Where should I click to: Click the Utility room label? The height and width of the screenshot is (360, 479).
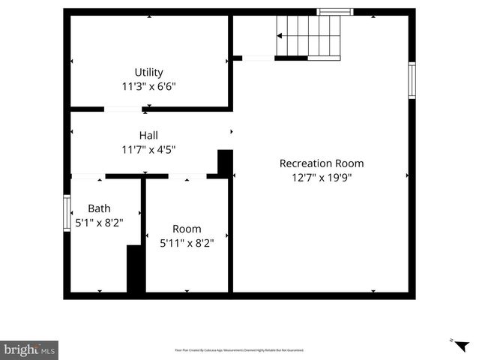(148, 73)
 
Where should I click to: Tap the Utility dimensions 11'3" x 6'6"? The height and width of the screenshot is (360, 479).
(148, 86)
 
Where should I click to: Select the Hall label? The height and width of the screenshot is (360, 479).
(148, 135)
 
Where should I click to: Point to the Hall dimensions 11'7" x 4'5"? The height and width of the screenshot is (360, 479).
(148, 148)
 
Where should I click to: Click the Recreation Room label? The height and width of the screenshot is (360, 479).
(322, 163)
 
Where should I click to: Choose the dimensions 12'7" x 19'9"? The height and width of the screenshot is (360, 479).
(322, 178)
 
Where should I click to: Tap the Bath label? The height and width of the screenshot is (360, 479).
(99, 208)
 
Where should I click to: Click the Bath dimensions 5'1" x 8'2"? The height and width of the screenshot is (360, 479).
(99, 222)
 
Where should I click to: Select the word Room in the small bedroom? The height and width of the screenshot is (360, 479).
(187, 229)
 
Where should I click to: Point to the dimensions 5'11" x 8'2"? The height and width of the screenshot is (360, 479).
(187, 242)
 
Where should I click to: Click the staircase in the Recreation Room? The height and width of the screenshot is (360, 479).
(309, 36)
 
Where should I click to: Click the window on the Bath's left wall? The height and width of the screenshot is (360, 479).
(67, 213)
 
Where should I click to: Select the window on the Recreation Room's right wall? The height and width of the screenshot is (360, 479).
(412, 80)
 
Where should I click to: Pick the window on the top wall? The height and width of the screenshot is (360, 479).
(334, 12)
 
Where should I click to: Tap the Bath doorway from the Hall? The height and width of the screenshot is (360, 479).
(88, 176)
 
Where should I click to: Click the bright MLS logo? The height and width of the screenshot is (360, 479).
(29, 349)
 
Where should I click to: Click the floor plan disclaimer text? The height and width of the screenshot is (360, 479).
(239, 350)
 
